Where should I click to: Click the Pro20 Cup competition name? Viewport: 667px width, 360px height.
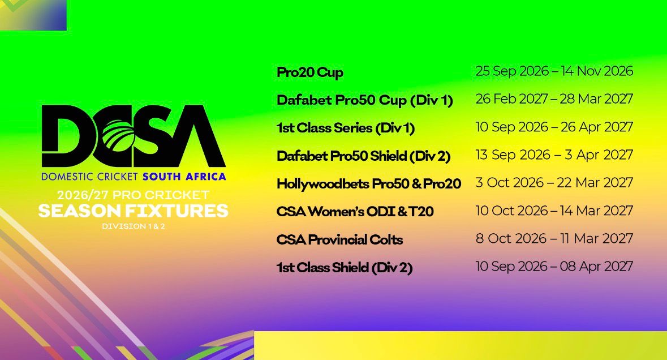click(x=309, y=72)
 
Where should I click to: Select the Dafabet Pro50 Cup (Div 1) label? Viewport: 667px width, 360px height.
click(x=364, y=100)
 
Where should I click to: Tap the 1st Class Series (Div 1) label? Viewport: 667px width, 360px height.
click(x=346, y=128)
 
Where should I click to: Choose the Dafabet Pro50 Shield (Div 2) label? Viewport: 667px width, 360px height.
click(x=363, y=156)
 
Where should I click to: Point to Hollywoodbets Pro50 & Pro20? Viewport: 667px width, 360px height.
click(x=369, y=184)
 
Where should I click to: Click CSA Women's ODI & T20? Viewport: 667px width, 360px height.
click(x=355, y=212)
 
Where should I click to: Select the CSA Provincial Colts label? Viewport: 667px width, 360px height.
click(x=339, y=239)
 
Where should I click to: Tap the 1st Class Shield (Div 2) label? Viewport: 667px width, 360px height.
click(x=345, y=268)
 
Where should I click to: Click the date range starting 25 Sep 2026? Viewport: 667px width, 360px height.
click(x=554, y=71)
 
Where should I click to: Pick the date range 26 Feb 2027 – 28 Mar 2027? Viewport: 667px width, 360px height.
click(x=554, y=98)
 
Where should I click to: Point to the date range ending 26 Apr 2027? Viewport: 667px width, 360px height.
click(x=554, y=127)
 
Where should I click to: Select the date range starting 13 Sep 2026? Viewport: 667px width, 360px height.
click(x=554, y=155)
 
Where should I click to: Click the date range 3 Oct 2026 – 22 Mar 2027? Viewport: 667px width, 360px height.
click(x=554, y=183)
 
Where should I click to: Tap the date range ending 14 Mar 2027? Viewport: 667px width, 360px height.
click(x=554, y=211)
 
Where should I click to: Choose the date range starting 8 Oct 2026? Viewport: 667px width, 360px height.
click(x=554, y=238)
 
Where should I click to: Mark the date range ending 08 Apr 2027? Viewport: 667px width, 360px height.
click(x=554, y=267)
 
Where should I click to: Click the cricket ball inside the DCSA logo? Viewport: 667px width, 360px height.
click(x=119, y=135)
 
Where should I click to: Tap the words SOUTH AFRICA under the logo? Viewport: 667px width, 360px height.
click(x=184, y=177)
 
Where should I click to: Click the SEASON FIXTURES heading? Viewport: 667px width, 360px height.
click(x=133, y=211)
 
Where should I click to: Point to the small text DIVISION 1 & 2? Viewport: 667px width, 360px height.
click(x=133, y=226)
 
